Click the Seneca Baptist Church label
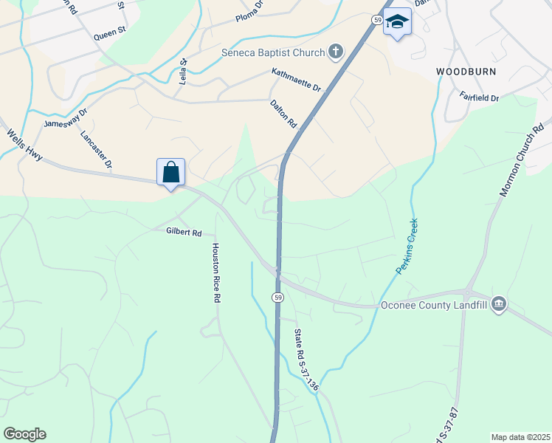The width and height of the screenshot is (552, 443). point(273,52)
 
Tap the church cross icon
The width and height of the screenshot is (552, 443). point(336,52)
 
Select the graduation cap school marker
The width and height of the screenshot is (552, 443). point(397,22)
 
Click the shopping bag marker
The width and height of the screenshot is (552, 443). point(170,173)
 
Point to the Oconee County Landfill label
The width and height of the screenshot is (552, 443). point(435,303)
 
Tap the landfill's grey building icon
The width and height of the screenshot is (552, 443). point(499,303)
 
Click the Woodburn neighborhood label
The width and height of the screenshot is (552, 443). point(466,72)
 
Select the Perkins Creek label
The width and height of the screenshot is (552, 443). point(407,247)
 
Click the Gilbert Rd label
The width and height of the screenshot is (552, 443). point(183,232)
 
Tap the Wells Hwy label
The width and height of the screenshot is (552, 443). point(25,146)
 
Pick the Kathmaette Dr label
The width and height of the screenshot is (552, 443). point(297,80)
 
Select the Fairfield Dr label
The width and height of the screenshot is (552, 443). point(479,97)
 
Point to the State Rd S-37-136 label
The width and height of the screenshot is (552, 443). point(306,360)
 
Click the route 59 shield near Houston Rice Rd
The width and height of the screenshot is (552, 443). point(277,297)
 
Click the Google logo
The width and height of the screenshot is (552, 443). point(24,434)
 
